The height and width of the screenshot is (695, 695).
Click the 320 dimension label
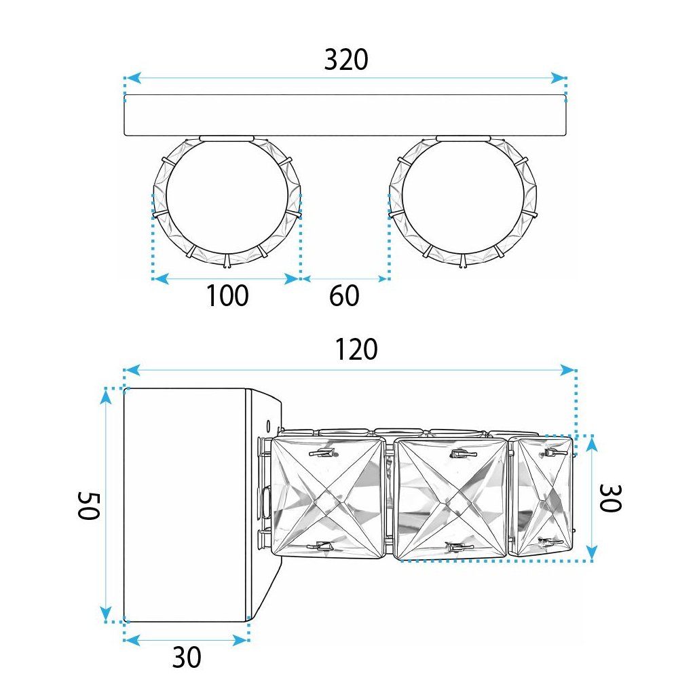pos(346,60)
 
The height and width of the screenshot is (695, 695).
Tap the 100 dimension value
pos(227,296)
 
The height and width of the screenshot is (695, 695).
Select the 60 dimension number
pos(344,296)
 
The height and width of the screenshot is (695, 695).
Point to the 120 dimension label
pos(356,350)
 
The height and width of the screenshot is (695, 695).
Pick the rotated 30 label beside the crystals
pos(610,498)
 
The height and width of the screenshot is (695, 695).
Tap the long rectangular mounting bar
pos(345,115)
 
